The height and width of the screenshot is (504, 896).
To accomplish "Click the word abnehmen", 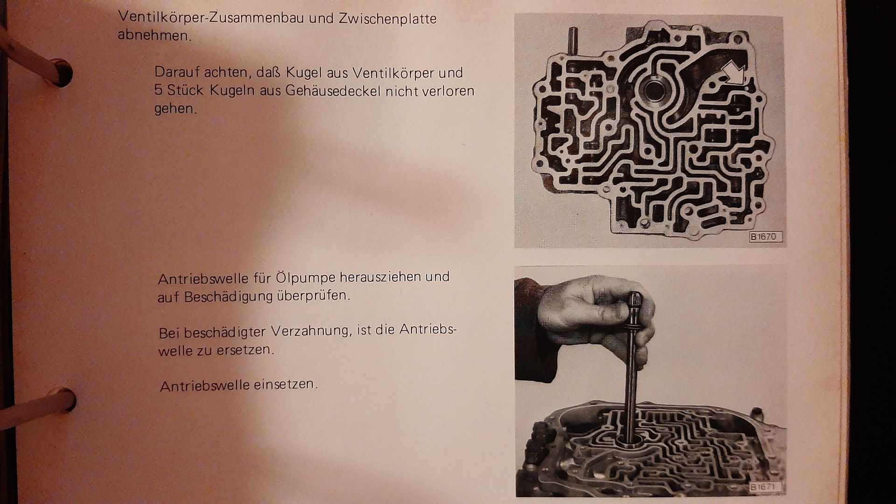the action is [x=154, y=35].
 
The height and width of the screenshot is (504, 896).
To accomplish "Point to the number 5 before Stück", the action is [x=159, y=89].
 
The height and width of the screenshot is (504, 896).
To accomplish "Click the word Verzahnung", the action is [x=311, y=331].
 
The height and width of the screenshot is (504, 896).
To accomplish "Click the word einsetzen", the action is [x=285, y=385].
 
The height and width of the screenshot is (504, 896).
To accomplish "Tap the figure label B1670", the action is [x=765, y=237].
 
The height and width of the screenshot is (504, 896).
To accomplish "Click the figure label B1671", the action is [x=765, y=487].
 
